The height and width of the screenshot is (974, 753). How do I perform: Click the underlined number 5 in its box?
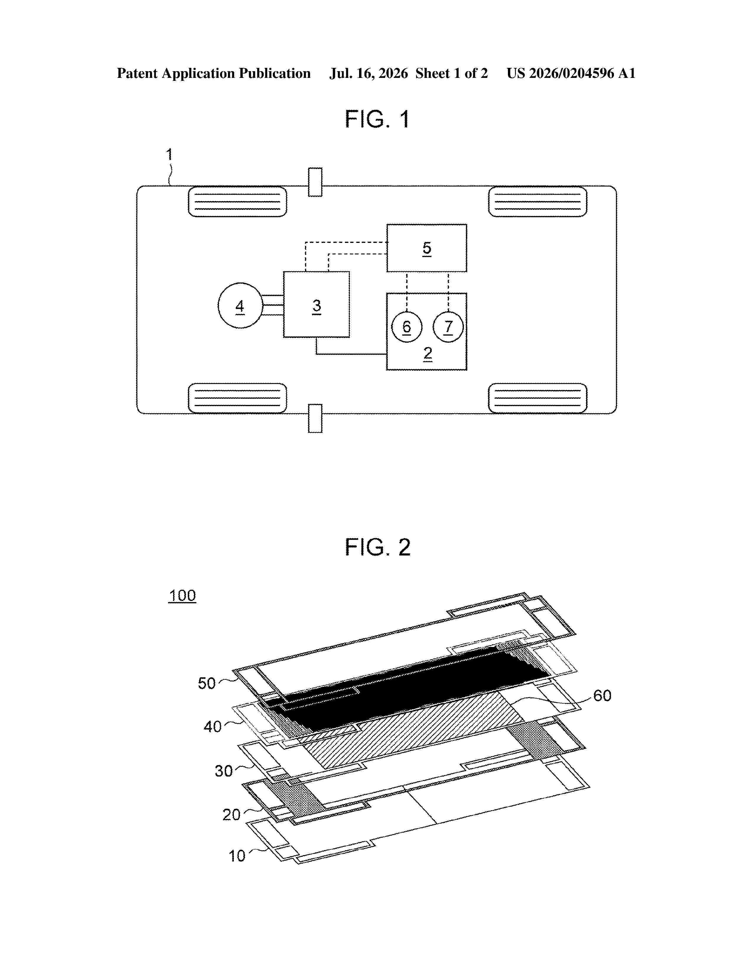427,248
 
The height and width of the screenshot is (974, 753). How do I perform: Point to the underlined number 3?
317,306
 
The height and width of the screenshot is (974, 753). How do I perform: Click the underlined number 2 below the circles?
428,354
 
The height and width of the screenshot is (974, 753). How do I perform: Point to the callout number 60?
602,695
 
